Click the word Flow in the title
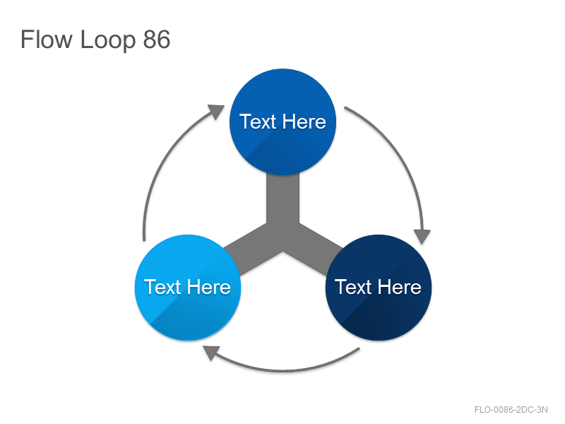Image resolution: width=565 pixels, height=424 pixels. click(46, 39)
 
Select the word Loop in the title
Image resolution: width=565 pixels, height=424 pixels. click(108, 40)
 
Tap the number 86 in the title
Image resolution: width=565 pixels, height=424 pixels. click(156, 40)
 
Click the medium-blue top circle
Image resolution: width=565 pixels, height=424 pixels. click(283, 122)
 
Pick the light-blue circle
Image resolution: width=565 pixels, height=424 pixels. click(188, 288)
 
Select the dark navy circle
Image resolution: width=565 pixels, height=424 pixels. click(379, 288)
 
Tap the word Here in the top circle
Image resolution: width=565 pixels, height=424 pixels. click(304, 122)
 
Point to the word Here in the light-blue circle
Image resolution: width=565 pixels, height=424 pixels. click(208, 287)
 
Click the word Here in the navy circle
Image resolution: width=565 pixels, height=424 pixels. click(399, 287)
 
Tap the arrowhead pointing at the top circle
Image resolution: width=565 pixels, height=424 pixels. click(217, 111)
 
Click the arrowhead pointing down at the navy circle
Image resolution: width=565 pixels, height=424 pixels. click(422, 236)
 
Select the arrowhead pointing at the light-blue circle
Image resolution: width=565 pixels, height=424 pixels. click(210, 352)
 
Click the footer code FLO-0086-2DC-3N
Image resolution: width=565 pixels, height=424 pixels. click(511, 410)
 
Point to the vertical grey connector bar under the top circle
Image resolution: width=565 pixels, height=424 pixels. click(283, 199)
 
